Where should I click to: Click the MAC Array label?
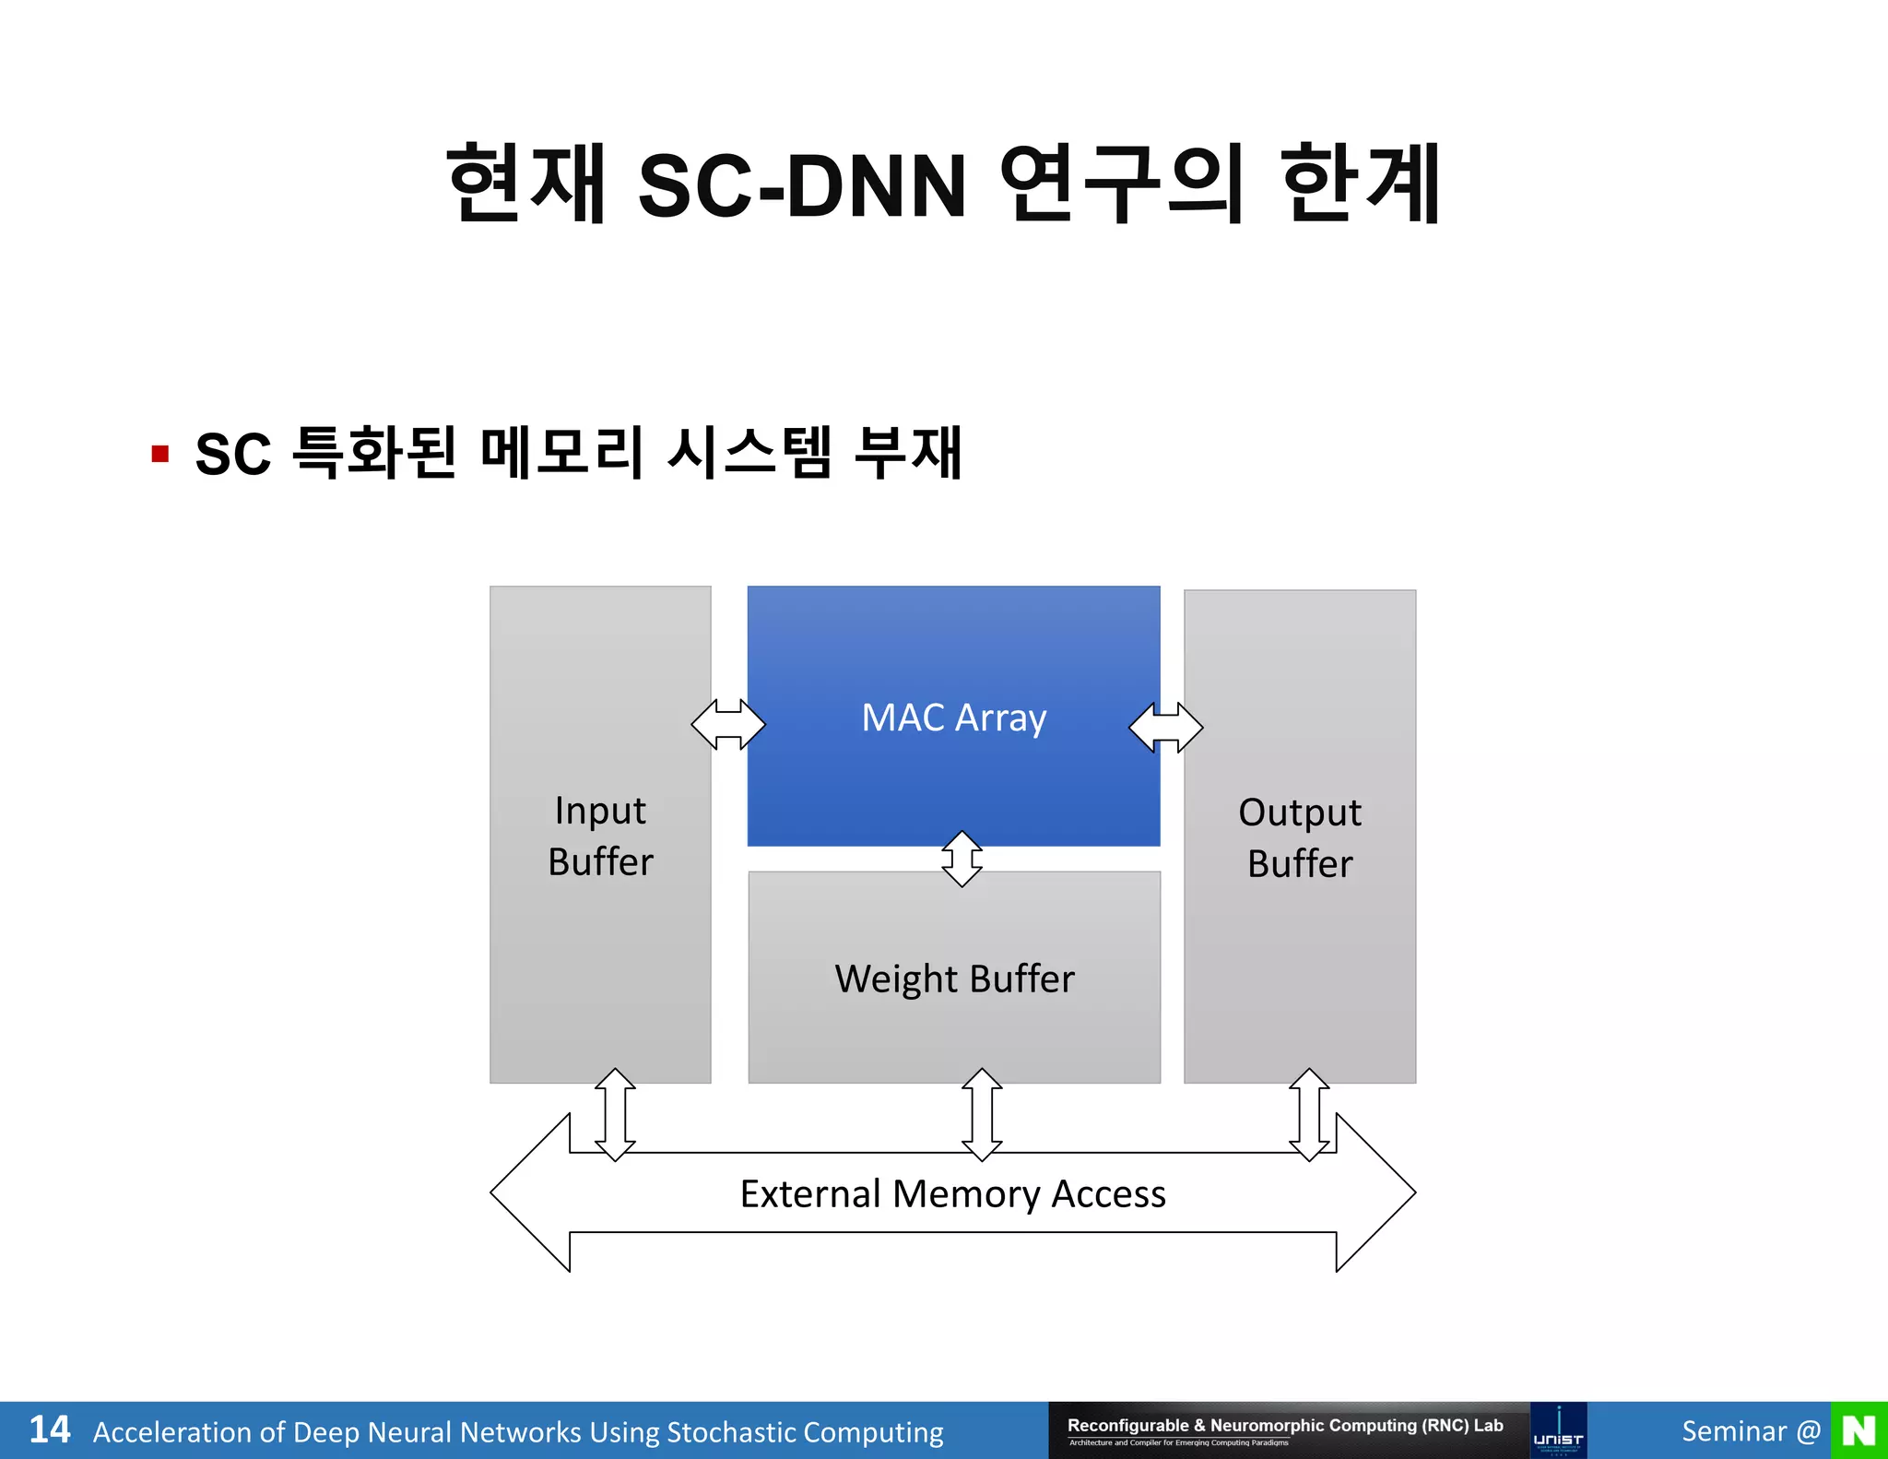coord(953,718)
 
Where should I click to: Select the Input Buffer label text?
coord(600,836)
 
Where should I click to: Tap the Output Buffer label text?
coord(1300,837)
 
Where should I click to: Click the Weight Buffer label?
coord(954,979)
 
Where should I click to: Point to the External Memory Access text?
coord(952,1193)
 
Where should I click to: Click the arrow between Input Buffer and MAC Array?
coord(728,725)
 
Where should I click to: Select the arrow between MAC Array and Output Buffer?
coord(1166,727)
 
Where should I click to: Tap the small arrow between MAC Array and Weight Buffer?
coord(962,859)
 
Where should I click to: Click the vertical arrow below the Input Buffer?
coord(615,1114)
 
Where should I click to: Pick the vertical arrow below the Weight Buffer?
coord(982,1114)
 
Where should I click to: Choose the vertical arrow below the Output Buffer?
coord(1309,1114)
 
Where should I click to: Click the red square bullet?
coord(160,454)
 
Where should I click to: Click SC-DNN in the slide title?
coord(802,186)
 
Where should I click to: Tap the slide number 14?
coord(50,1429)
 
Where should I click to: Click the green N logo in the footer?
coord(1858,1430)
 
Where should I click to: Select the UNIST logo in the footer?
coord(1558,1430)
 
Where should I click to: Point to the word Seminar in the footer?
coord(1734,1430)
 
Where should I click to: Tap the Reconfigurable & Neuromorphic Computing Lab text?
coord(1285,1425)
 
